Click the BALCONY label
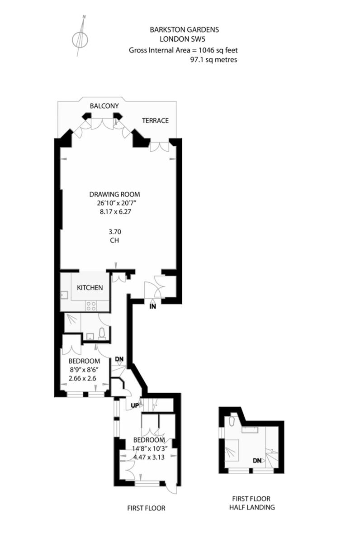pyautogui.click(x=104, y=106)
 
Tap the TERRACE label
pyautogui.click(x=155, y=120)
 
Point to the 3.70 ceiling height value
pyautogui.click(x=114, y=232)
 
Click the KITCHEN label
pyautogui.click(x=90, y=288)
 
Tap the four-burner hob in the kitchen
pyautogui.click(x=91, y=305)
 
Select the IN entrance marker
pyautogui.click(x=153, y=306)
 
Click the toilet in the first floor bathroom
pyautogui.click(x=102, y=333)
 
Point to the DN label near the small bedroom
pyautogui.click(x=119, y=359)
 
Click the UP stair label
pyautogui.click(x=135, y=405)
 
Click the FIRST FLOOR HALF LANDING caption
pyautogui.click(x=252, y=503)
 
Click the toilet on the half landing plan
pyautogui.click(x=231, y=422)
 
